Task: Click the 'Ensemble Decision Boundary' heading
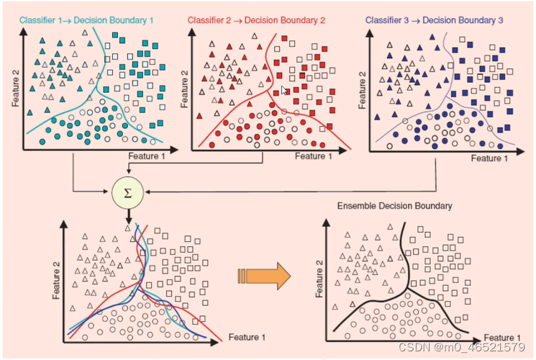pos(394,207)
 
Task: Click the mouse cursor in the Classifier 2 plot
pos(285,91)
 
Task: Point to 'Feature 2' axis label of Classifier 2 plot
pos(183,87)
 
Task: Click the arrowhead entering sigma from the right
pos(147,192)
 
